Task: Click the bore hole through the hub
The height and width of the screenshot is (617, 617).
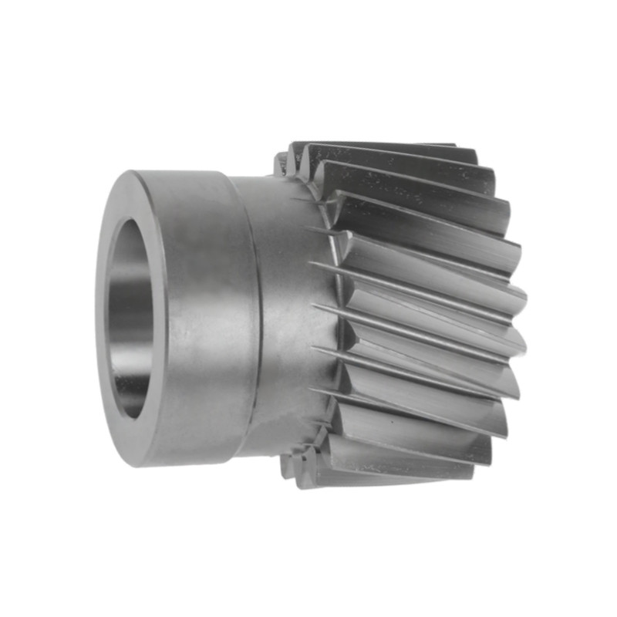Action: coord(133,316)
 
